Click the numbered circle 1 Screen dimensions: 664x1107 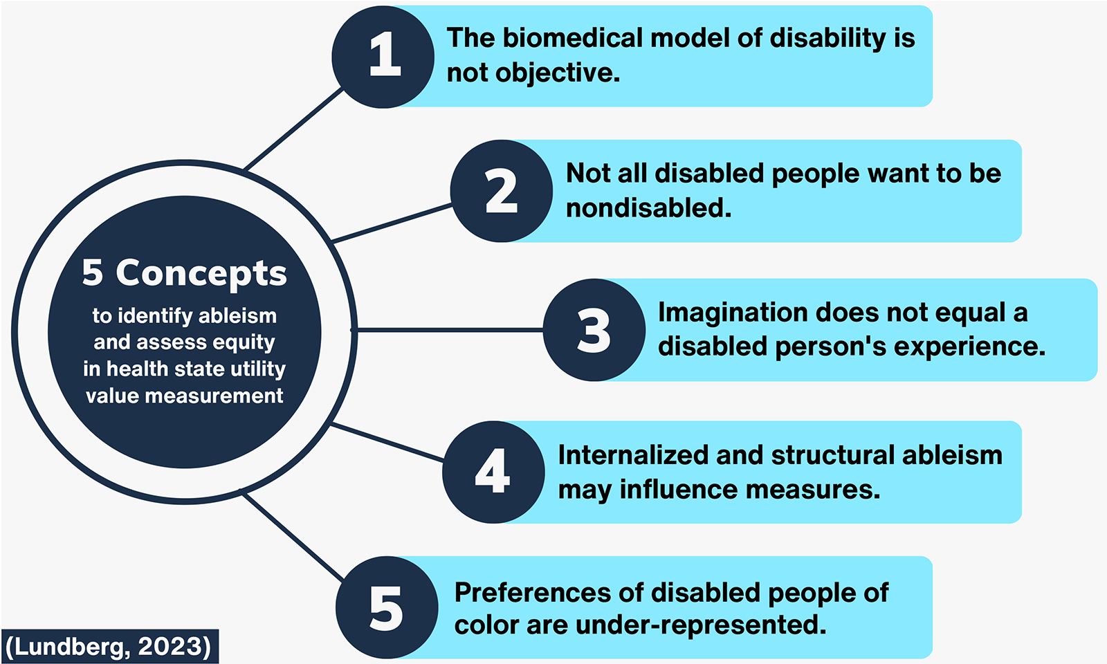[x=383, y=56]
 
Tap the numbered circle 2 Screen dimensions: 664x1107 [x=502, y=191]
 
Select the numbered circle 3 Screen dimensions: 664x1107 [x=594, y=330]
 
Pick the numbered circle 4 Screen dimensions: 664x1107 [x=493, y=472]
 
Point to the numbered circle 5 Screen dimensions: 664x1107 [x=386, y=607]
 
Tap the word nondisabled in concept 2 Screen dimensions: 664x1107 [x=648, y=207]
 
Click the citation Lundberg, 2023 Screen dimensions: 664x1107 [x=109, y=646]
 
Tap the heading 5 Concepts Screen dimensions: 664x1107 [x=184, y=273]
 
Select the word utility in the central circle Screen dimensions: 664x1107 [x=258, y=369]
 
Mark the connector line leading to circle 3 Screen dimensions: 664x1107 [x=450, y=330]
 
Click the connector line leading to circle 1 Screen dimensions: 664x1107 [x=294, y=129]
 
